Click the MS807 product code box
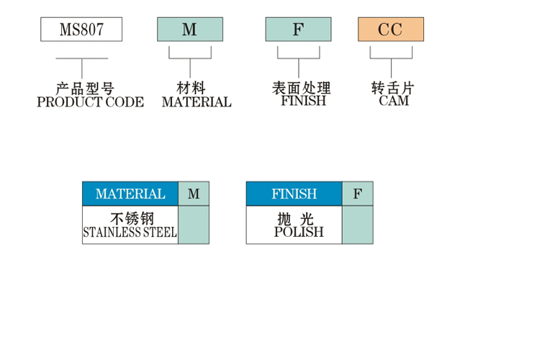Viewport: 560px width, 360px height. pyautogui.click(x=81, y=30)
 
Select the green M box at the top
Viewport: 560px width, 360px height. pyautogui.click(x=190, y=30)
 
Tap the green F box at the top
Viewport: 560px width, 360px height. pyautogui.click(x=298, y=30)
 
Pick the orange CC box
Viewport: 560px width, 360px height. pyautogui.click(x=391, y=30)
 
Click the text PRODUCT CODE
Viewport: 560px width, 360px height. pyautogui.click(x=90, y=102)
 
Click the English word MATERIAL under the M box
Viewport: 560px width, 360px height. pyautogui.click(x=197, y=102)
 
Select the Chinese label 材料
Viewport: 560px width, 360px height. pyautogui.click(x=191, y=89)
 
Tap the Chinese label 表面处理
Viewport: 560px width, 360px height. pyautogui.click(x=302, y=89)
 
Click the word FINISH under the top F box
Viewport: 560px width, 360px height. pyautogui.click(x=303, y=101)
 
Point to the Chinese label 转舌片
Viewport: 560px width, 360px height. pyautogui.click(x=393, y=89)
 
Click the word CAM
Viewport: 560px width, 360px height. pyautogui.click(x=394, y=101)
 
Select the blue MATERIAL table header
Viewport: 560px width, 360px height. pyautogui.click(x=130, y=194)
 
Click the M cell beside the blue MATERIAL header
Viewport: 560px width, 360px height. pyautogui.click(x=194, y=194)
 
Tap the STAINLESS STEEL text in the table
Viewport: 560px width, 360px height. pyautogui.click(x=130, y=233)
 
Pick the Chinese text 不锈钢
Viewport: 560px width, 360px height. pyautogui.click(x=130, y=218)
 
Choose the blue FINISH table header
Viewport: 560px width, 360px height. pyautogui.click(x=294, y=194)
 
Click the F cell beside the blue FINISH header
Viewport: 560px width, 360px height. pyautogui.click(x=358, y=194)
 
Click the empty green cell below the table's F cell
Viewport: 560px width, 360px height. pyautogui.click(x=358, y=225)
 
